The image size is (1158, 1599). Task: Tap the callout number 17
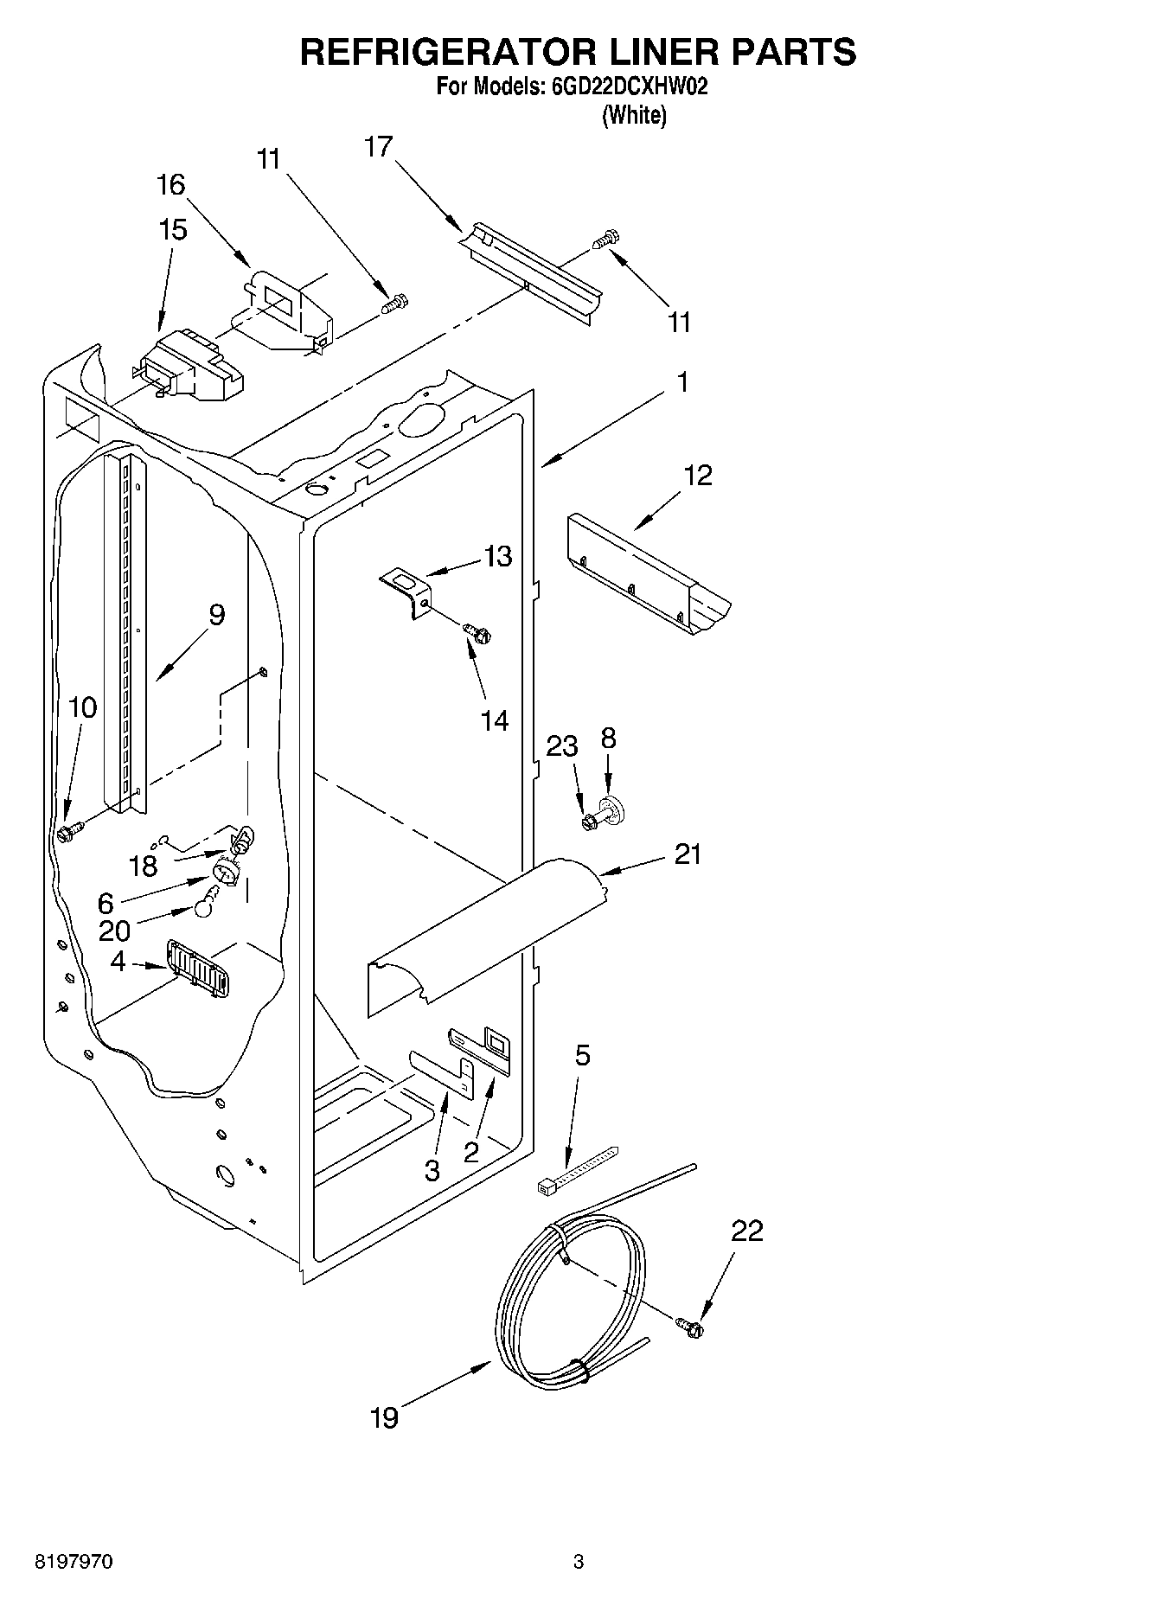(378, 147)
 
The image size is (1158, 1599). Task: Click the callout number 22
(747, 1231)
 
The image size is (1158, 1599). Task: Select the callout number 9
(216, 615)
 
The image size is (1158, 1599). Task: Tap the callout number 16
(171, 184)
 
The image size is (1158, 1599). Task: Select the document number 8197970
(74, 1562)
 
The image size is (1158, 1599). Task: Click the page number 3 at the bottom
(578, 1562)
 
